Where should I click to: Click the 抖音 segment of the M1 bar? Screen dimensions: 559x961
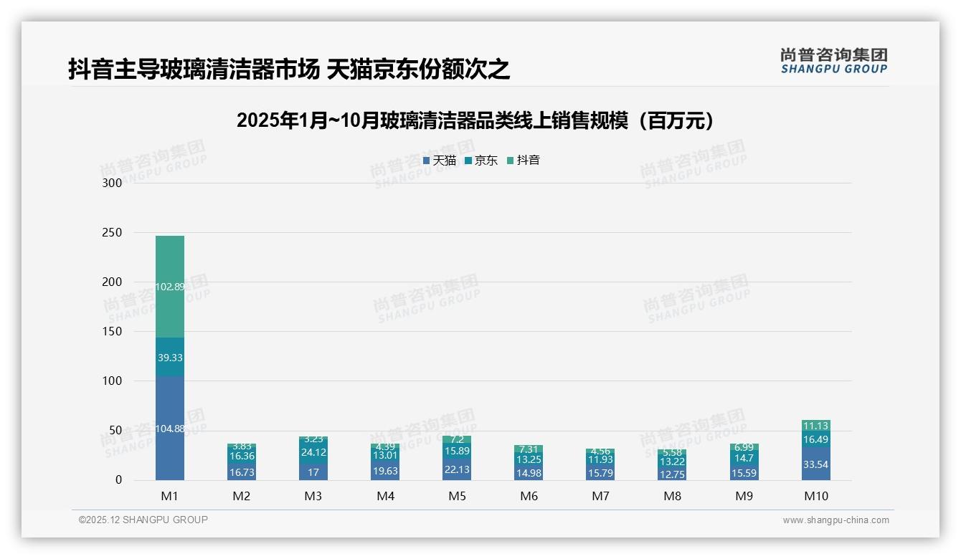point(170,287)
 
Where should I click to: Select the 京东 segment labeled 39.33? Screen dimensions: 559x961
point(170,357)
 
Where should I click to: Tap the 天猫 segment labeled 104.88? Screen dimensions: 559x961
point(170,429)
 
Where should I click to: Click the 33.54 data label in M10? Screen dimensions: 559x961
point(816,464)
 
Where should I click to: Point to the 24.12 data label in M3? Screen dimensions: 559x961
point(313,452)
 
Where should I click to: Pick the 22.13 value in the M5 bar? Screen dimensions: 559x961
point(457,469)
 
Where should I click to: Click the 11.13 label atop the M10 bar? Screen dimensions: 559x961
point(816,426)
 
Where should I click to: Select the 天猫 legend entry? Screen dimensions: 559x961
point(440,161)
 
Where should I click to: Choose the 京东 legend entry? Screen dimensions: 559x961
point(481,161)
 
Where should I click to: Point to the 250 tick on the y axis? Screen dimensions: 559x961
point(113,233)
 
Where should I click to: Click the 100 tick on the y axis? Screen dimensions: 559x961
point(113,381)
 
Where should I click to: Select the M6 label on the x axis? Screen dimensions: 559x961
point(529,496)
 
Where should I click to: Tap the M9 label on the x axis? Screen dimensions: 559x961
point(744,496)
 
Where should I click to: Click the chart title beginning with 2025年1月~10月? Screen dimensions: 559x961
point(476,120)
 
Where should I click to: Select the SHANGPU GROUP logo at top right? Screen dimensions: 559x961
point(833,61)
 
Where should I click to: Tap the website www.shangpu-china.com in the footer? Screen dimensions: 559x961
point(835,520)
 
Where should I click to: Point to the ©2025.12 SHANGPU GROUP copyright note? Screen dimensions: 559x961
point(143,520)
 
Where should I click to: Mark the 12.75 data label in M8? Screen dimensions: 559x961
point(672,474)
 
